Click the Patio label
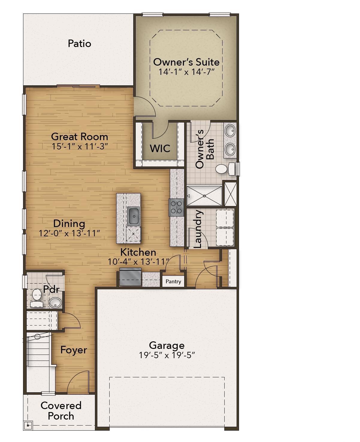(79, 44)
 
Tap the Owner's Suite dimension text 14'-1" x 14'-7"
(186, 72)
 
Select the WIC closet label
(160, 148)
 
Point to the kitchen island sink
(133, 216)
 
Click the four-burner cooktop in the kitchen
(176, 207)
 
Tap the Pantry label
(173, 281)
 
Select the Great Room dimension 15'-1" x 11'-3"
(80, 146)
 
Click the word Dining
(69, 224)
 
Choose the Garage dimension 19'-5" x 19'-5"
(167, 355)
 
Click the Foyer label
(74, 350)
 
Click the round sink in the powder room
(55, 302)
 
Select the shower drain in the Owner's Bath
(204, 196)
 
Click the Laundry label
(198, 229)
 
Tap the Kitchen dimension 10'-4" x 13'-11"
(138, 262)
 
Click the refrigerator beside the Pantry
(131, 277)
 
